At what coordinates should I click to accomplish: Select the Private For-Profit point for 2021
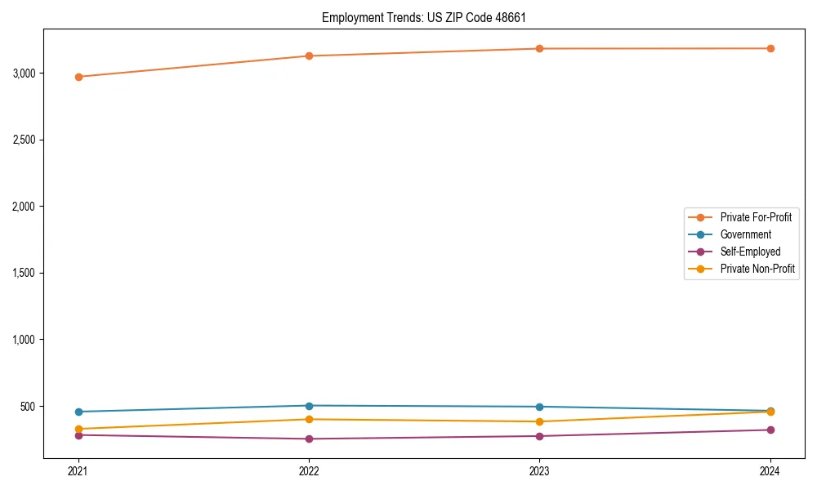78,77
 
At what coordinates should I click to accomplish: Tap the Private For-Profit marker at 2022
309,56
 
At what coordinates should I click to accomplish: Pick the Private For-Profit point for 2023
540,48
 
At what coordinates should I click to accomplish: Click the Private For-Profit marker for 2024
770,48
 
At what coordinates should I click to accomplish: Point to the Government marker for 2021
78,412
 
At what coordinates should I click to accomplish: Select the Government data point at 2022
309,406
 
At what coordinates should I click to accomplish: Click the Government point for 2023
540,407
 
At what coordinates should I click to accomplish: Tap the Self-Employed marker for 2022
309,439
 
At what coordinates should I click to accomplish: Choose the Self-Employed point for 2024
770,430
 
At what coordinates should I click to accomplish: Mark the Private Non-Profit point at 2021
78,429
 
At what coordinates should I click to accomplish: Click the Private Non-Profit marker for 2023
540,421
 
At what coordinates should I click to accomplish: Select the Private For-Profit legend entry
756,217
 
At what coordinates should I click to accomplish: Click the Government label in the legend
745,234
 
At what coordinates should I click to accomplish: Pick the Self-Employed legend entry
750,252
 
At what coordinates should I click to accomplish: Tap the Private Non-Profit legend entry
757,269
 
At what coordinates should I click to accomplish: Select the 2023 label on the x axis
540,470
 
